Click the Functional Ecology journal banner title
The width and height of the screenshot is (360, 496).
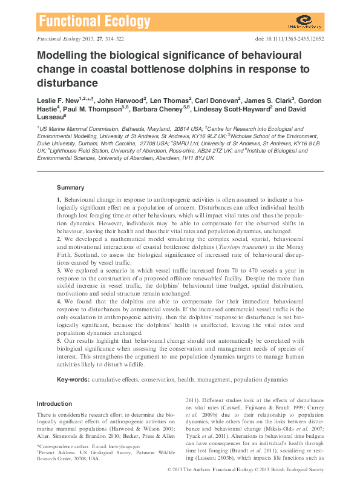pos(94,23)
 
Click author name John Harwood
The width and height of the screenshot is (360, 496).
pos(121,100)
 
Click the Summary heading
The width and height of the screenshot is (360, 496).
pos(71,188)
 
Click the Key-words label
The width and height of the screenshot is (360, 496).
pos(73,380)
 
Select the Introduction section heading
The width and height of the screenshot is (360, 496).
pos(54,403)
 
